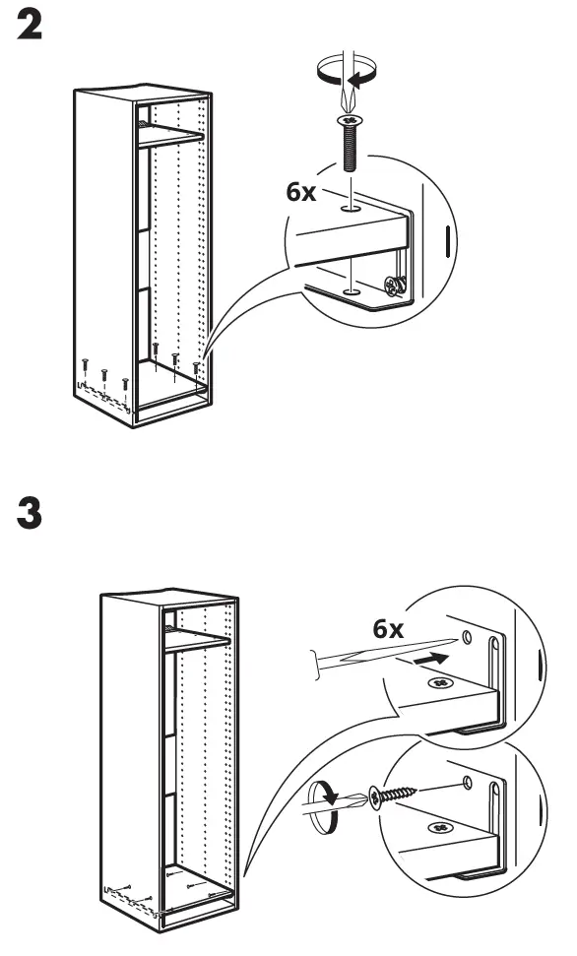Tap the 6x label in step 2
click(x=300, y=192)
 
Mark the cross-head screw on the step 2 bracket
click(x=393, y=287)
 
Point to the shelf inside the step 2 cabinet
click(x=169, y=135)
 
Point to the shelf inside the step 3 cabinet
click(x=197, y=641)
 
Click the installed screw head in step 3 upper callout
click(x=439, y=682)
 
